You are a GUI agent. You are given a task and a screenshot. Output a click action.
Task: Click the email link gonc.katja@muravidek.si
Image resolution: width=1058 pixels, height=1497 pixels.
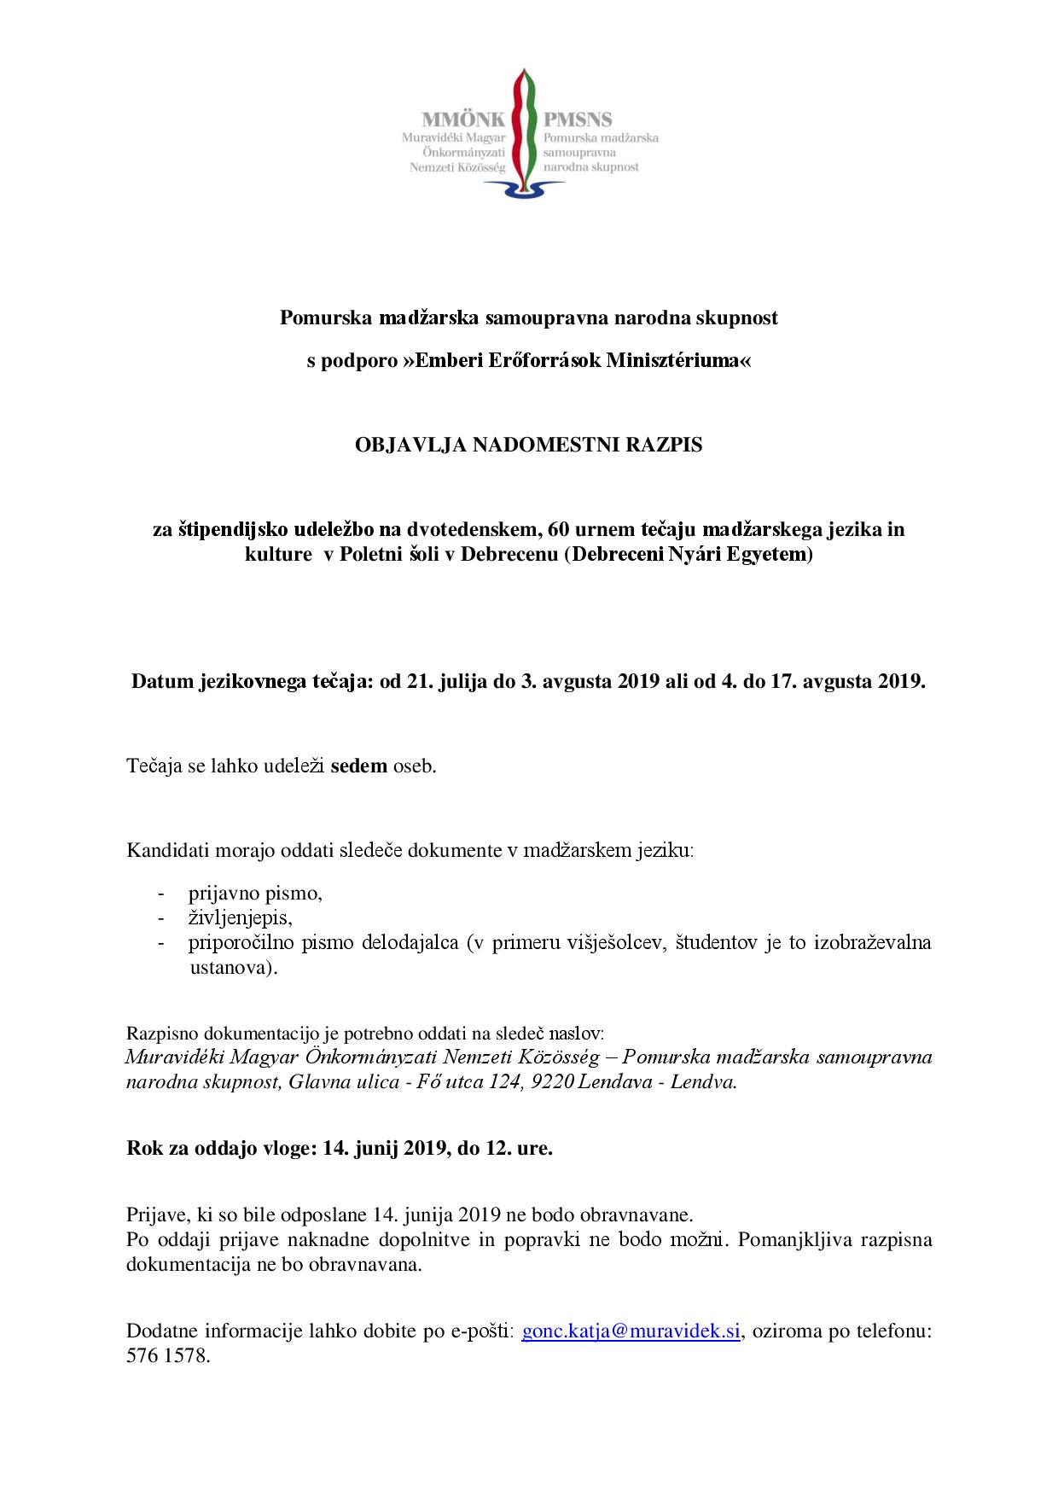(x=631, y=1331)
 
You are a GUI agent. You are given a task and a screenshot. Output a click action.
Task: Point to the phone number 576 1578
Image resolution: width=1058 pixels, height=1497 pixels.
(x=167, y=1355)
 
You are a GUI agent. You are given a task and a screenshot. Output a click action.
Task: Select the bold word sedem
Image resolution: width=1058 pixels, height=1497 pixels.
(x=358, y=766)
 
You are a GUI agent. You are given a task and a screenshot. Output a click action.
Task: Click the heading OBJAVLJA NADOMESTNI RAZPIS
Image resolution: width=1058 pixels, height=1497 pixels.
(x=529, y=445)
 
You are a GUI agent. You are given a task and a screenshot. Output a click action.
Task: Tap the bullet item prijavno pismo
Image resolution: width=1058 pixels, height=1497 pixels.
(x=255, y=894)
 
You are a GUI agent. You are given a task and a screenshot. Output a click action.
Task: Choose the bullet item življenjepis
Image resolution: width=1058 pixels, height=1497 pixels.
(x=240, y=917)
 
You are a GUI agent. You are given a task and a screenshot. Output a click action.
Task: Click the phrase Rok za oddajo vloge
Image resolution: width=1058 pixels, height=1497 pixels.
(x=220, y=1148)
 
